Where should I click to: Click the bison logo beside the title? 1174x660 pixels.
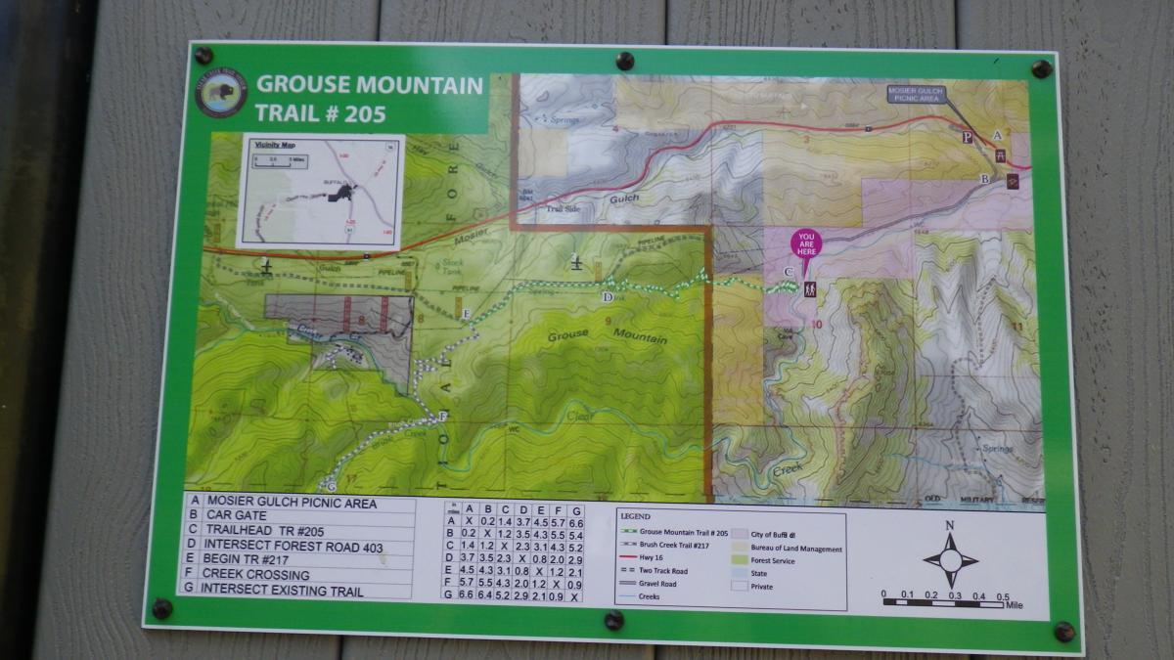[220, 93]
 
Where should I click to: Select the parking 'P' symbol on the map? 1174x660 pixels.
[968, 138]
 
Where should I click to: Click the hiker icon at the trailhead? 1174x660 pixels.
[810, 289]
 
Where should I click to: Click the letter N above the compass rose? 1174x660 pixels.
[950, 526]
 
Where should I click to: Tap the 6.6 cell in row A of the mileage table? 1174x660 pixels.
[575, 523]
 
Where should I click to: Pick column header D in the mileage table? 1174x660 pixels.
[522, 509]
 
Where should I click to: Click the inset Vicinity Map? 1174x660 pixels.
[320, 191]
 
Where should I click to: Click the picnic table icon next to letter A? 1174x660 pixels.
[1000, 154]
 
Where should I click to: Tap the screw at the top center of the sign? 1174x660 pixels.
[625, 62]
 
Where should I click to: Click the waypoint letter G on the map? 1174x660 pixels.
[331, 484]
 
